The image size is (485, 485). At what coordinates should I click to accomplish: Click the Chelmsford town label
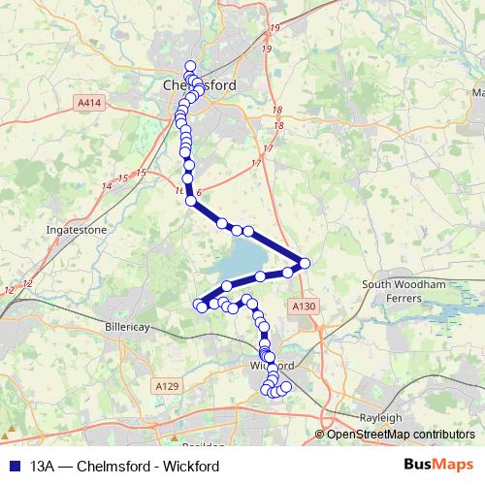(198, 85)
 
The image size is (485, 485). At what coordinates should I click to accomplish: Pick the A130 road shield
(304, 306)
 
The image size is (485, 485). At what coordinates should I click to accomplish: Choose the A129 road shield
(168, 386)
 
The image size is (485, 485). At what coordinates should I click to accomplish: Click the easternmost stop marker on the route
(305, 263)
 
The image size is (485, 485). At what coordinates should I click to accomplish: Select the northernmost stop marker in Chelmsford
(189, 65)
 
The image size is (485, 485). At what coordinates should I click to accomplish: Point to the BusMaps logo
(437, 466)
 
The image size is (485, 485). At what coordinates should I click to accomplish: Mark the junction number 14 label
(105, 185)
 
